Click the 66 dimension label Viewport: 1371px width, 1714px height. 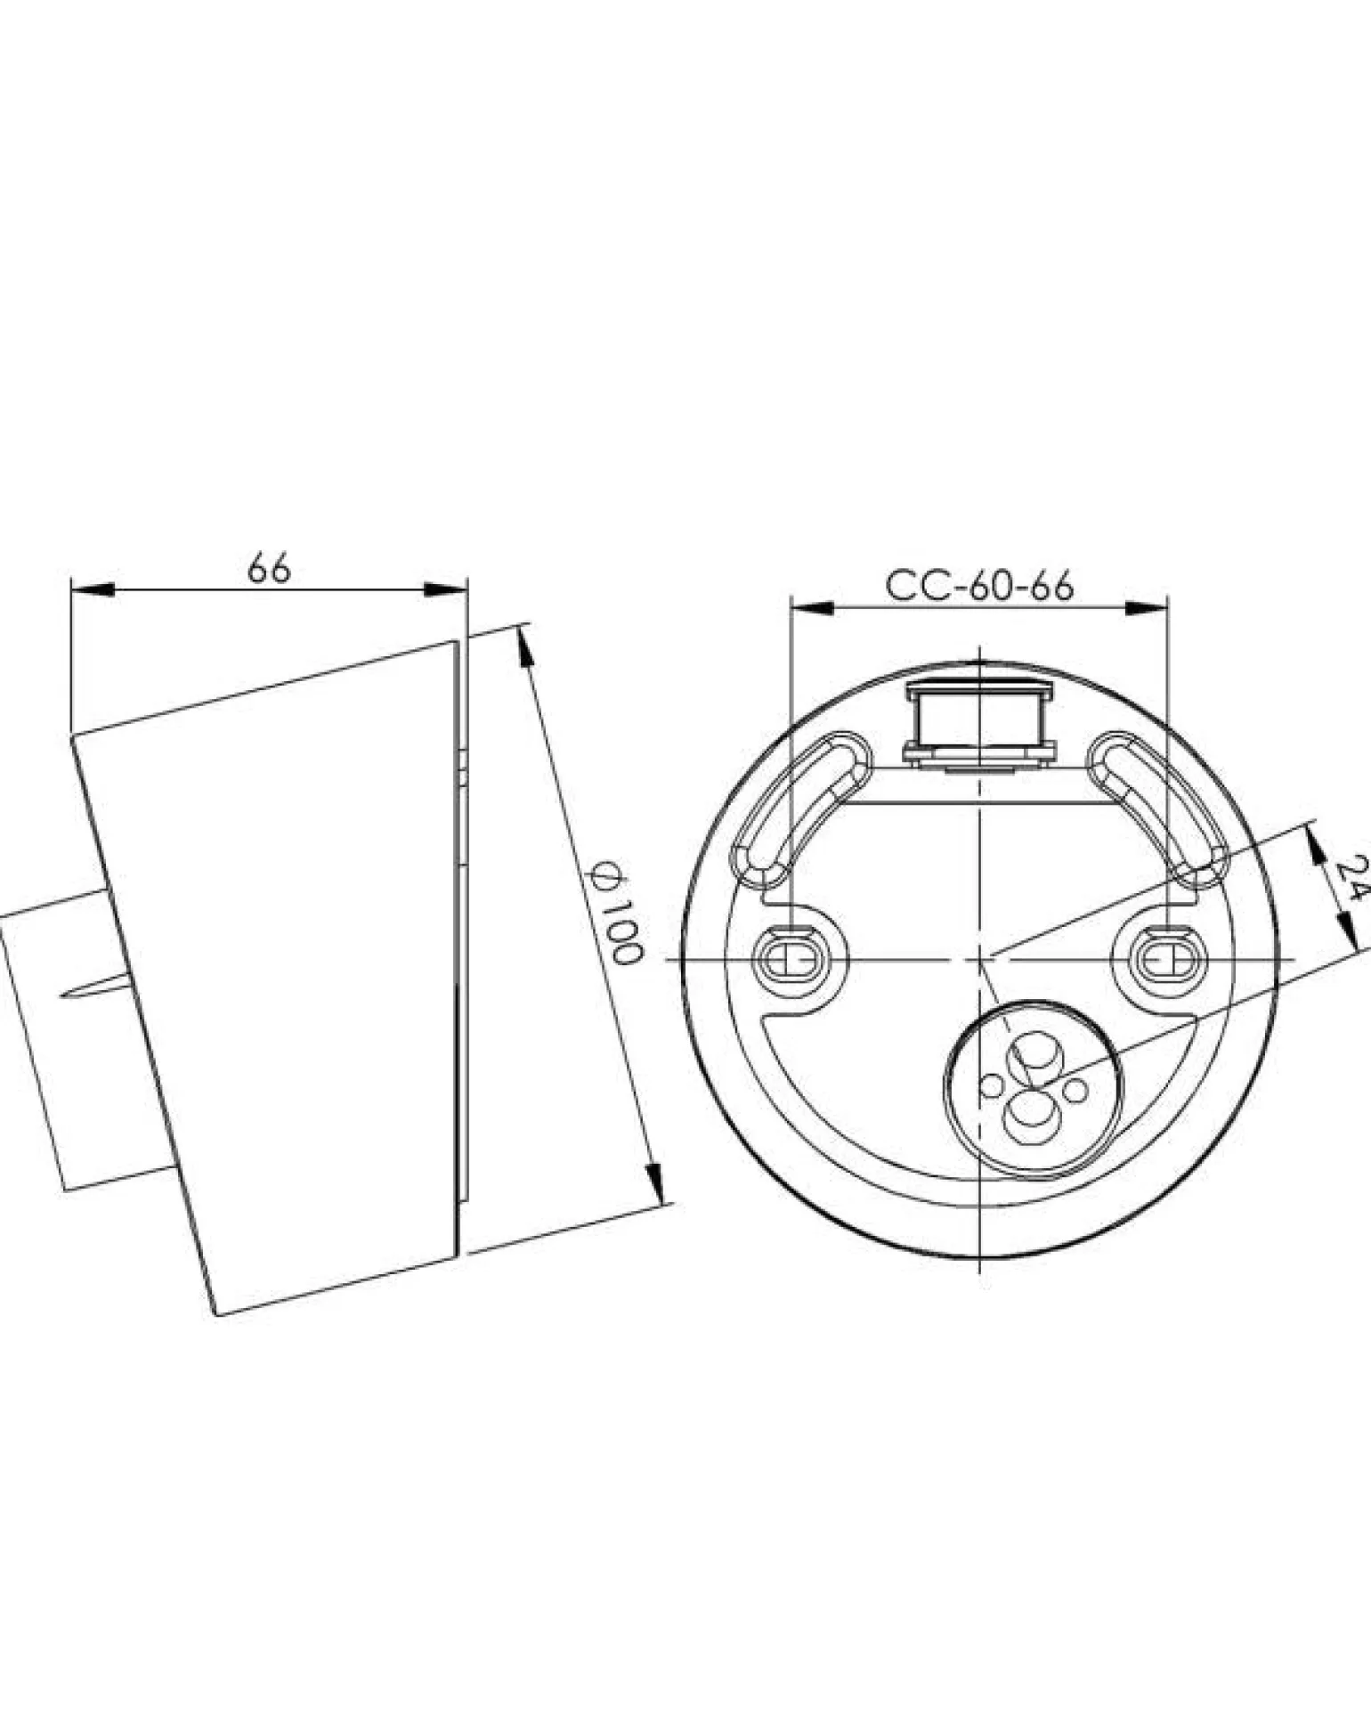click(269, 568)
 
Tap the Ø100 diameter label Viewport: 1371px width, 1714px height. click(617, 913)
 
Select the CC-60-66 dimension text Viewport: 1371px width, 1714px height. click(979, 586)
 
